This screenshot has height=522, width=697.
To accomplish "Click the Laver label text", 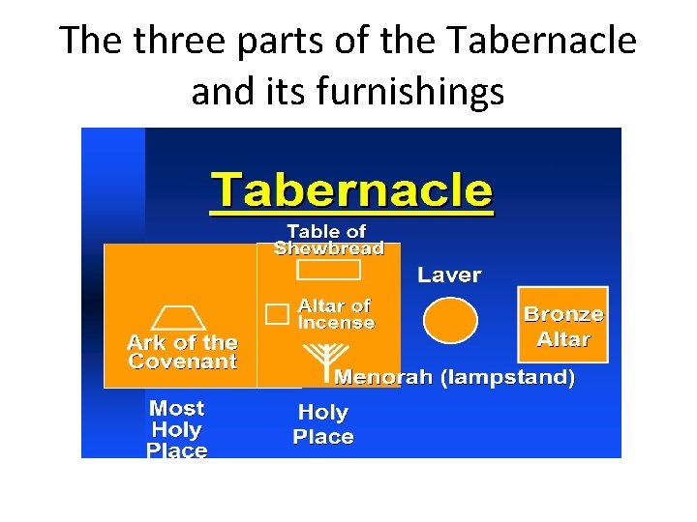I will point(448,275).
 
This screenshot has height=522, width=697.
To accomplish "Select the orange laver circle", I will point(449,320).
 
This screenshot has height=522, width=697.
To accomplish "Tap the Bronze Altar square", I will point(562,327).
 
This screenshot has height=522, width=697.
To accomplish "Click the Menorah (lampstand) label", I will point(454,377).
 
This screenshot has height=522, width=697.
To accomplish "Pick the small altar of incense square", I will point(278,313).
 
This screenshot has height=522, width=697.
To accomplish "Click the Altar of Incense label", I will point(335,314).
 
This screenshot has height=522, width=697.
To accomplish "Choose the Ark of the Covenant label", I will point(182,352).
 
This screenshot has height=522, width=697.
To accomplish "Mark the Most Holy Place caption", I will point(177,429).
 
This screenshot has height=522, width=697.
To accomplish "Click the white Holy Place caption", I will point(323,424).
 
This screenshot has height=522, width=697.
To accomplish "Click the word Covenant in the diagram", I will point(182,362).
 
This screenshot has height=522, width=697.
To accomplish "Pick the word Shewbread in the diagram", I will point(329,248).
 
